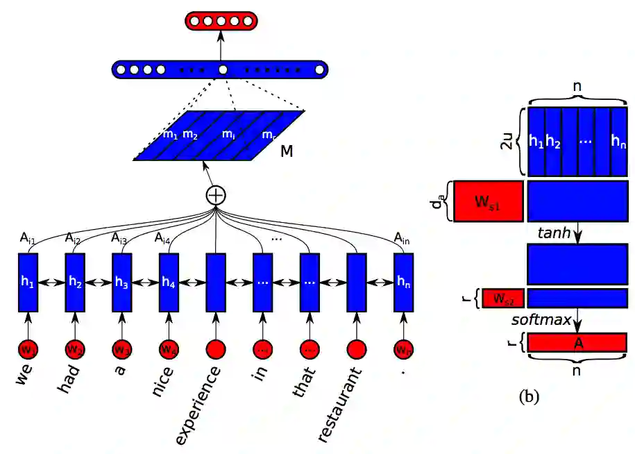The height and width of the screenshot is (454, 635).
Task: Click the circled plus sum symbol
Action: [x=217, y=195]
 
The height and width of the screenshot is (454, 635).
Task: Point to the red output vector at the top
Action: [x=220, y=21]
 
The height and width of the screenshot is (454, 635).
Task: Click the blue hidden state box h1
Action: [x=27, y=283]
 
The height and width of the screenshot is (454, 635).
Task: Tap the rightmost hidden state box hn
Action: [x=404, y=283]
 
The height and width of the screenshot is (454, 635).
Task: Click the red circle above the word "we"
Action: [x=27, y=348]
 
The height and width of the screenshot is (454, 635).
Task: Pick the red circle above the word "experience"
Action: [x=217, y=348]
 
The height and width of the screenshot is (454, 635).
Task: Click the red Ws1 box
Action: [x=488, y=201]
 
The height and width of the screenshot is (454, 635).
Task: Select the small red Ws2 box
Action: [x=502, y=299]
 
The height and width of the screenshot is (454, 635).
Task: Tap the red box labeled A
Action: [x=577, y=342]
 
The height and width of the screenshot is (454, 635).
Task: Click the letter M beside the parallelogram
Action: [x=287, y=150]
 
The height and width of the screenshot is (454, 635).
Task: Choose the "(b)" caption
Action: [x=529, y=397]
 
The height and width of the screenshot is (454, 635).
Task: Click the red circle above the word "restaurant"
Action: [x=357, y=348]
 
